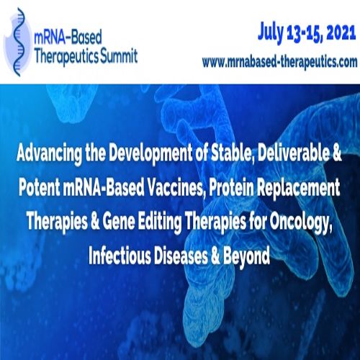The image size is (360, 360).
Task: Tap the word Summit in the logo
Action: (115, 57)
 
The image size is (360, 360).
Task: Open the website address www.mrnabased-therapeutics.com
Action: (279, 62)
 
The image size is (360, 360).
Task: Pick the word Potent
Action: (44, 189)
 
